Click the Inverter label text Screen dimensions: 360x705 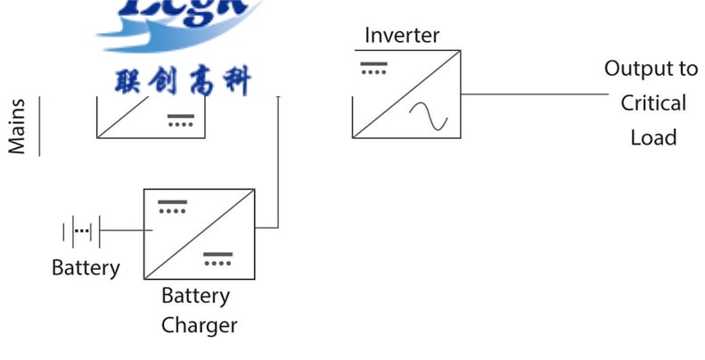[402, 36]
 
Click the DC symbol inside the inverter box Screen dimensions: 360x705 [373, 68]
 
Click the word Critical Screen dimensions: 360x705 [653, 103]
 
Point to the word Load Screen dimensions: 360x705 [653, 137]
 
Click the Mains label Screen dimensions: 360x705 [18, 127]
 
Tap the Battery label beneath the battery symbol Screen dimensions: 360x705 [86, 267]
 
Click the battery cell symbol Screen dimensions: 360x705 [81, 232]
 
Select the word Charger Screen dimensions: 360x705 [200, 325]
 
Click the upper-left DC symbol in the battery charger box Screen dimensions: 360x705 [172, 207]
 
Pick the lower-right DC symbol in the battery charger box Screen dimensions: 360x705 [217, 258]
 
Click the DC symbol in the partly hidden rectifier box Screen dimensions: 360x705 [181, 120]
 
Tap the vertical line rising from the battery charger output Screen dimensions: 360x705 [279, 160]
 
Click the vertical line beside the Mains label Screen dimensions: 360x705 [40, 127]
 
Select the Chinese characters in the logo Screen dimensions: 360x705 [184, 81]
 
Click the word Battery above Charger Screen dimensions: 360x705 [195, 296]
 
